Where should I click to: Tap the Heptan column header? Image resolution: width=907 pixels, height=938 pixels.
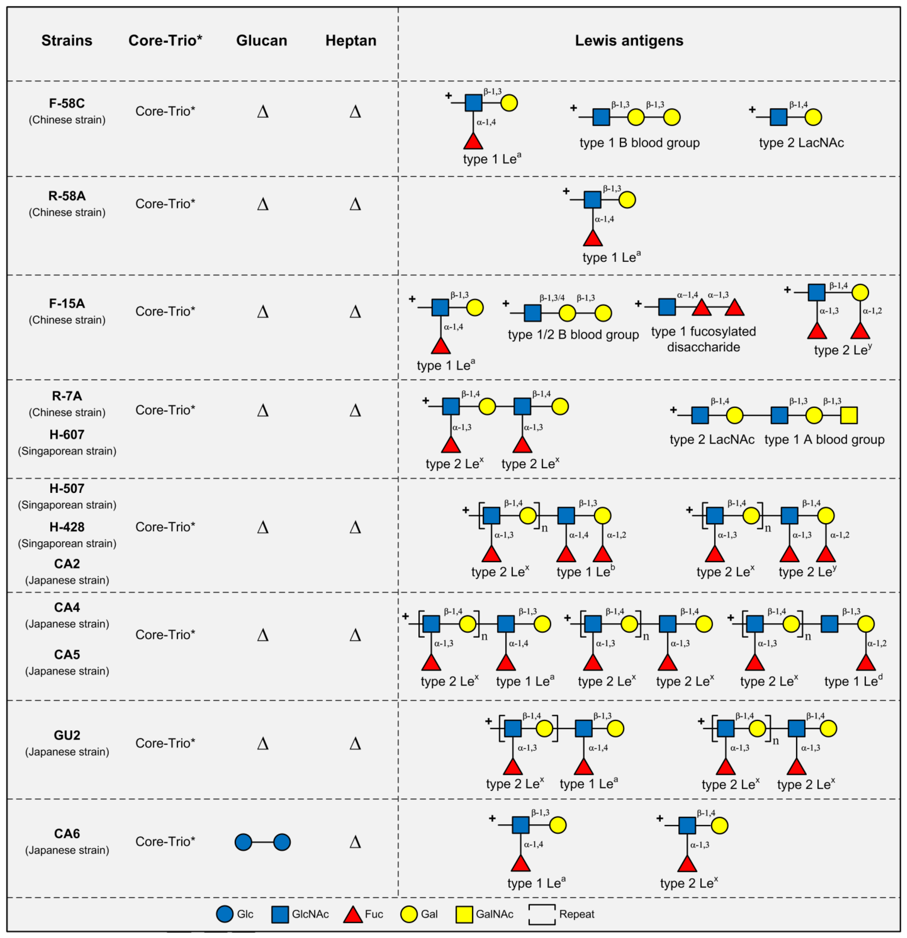pyautogui.click(x=351, y=41)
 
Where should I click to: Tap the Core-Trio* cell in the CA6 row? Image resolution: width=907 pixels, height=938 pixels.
pyautogui.click(x=165, y=841)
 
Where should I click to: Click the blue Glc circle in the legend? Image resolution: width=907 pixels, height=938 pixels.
pyautogui.click(x=224, y=914)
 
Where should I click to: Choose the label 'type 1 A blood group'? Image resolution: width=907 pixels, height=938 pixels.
pyautogui.click(x=824, y=439)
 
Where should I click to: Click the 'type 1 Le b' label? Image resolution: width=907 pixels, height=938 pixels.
pyautogui.click(x=585, y=571)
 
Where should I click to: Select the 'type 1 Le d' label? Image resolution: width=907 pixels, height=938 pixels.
pyautogui.click(x=853, y=681)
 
